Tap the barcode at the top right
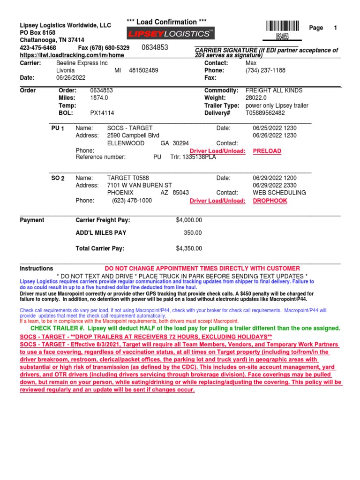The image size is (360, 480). click(x=282, y=26)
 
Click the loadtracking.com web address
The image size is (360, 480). click(x=72, y=55)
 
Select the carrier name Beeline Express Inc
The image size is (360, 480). click(x=82, y=63)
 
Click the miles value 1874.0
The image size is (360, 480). click(x=99, y=98)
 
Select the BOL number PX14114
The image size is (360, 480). click(x=102, y=113)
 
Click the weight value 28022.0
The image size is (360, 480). click(x=256, y=98)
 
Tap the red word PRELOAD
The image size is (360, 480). click(x=267, y=151)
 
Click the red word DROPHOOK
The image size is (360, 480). click(x=270, y=201)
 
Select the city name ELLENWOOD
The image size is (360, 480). click(x=126, y=143)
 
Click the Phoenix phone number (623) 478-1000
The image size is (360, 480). click(x=132, y=200)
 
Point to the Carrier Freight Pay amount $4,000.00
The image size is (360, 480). click(x=189, y=220)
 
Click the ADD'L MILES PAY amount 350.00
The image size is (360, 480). click(x=193, y=232)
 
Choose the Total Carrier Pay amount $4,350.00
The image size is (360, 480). click(x=189, y=248)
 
